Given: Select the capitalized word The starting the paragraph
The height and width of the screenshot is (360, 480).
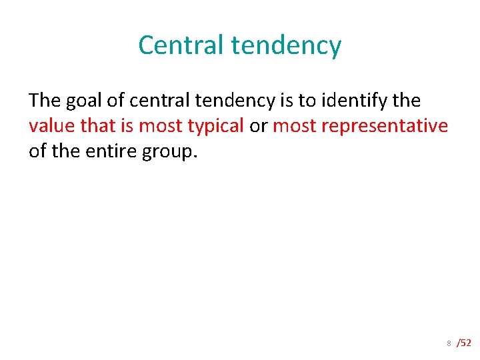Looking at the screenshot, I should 45,101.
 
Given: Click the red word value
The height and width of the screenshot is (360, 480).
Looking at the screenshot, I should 52,126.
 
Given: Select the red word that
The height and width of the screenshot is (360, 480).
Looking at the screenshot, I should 99,126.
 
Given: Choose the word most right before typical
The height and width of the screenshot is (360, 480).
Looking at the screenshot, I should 161,126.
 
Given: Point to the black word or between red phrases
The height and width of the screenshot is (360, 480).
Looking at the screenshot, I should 259,126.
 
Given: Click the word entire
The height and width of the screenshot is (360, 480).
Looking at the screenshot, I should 108,151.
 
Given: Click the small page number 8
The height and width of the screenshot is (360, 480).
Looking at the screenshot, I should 449,343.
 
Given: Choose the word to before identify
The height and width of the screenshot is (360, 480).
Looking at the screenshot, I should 307,101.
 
